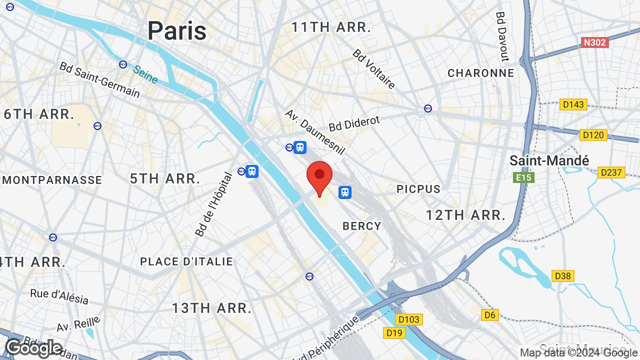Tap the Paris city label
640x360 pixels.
tap(176, 30)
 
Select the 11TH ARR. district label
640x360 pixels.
tap(331, 27)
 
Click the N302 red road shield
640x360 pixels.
tap(594, 42)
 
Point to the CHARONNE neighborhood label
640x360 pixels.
tap(480, 73)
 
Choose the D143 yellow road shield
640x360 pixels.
tap(573, 104)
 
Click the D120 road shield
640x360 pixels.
tap(593, 135)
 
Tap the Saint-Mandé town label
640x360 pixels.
tap(549, 160)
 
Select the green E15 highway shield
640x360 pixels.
tap(523, 177)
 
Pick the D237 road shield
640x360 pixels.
tap(611, 172)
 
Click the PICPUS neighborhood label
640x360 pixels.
tap(418, 189)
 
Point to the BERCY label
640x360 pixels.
tap(362, 226)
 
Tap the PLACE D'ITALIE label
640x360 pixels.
tap(186, 261)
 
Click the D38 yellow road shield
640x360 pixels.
tap(563, 276)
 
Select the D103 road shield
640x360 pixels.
tap(409, 319)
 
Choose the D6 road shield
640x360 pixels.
tap(490, 314)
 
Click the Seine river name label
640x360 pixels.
tap(145, 74)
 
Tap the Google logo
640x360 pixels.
tap(33, 348)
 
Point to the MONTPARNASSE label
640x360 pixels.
tap(51, 180)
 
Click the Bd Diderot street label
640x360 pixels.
tap(354, 123)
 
